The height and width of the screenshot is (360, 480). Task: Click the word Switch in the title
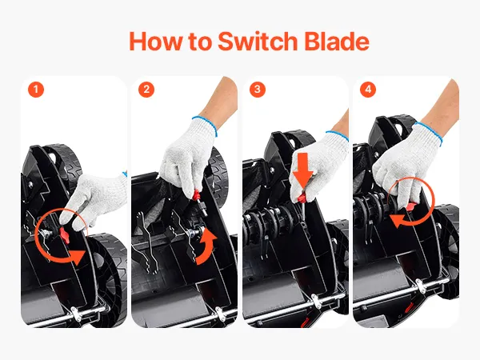click(x=258, y=41)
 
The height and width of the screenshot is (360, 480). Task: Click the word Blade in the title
click(x=337, y=41)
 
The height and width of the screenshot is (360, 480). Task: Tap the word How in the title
click(x=155, y=41)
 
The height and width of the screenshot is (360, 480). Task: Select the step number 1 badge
click(x=36, y=90)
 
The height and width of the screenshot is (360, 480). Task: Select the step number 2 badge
click(x=146, y=90)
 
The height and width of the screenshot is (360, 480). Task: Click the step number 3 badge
click(x=258, y=90)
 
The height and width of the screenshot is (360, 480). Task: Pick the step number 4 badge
click(x=368, y=90)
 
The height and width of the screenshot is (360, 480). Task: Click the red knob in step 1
click(x=65, y=235)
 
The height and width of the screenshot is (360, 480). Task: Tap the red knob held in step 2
click(x=197, y=194)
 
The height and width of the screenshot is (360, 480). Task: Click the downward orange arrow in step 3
click(x=302, y=170)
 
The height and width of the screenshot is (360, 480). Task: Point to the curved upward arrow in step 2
click(x=206, y=246)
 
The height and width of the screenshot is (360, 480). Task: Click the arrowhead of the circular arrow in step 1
click(x=77, y=257)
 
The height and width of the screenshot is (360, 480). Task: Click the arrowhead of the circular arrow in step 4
click(x=397, y=221)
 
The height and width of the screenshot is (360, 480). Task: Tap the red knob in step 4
click(x=412, y=207)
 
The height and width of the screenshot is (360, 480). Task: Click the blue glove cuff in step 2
click(x=205, y=125)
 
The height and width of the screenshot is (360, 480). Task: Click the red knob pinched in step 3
click(x=302, y=198)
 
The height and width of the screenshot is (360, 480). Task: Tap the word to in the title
click(x=199, y=42)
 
